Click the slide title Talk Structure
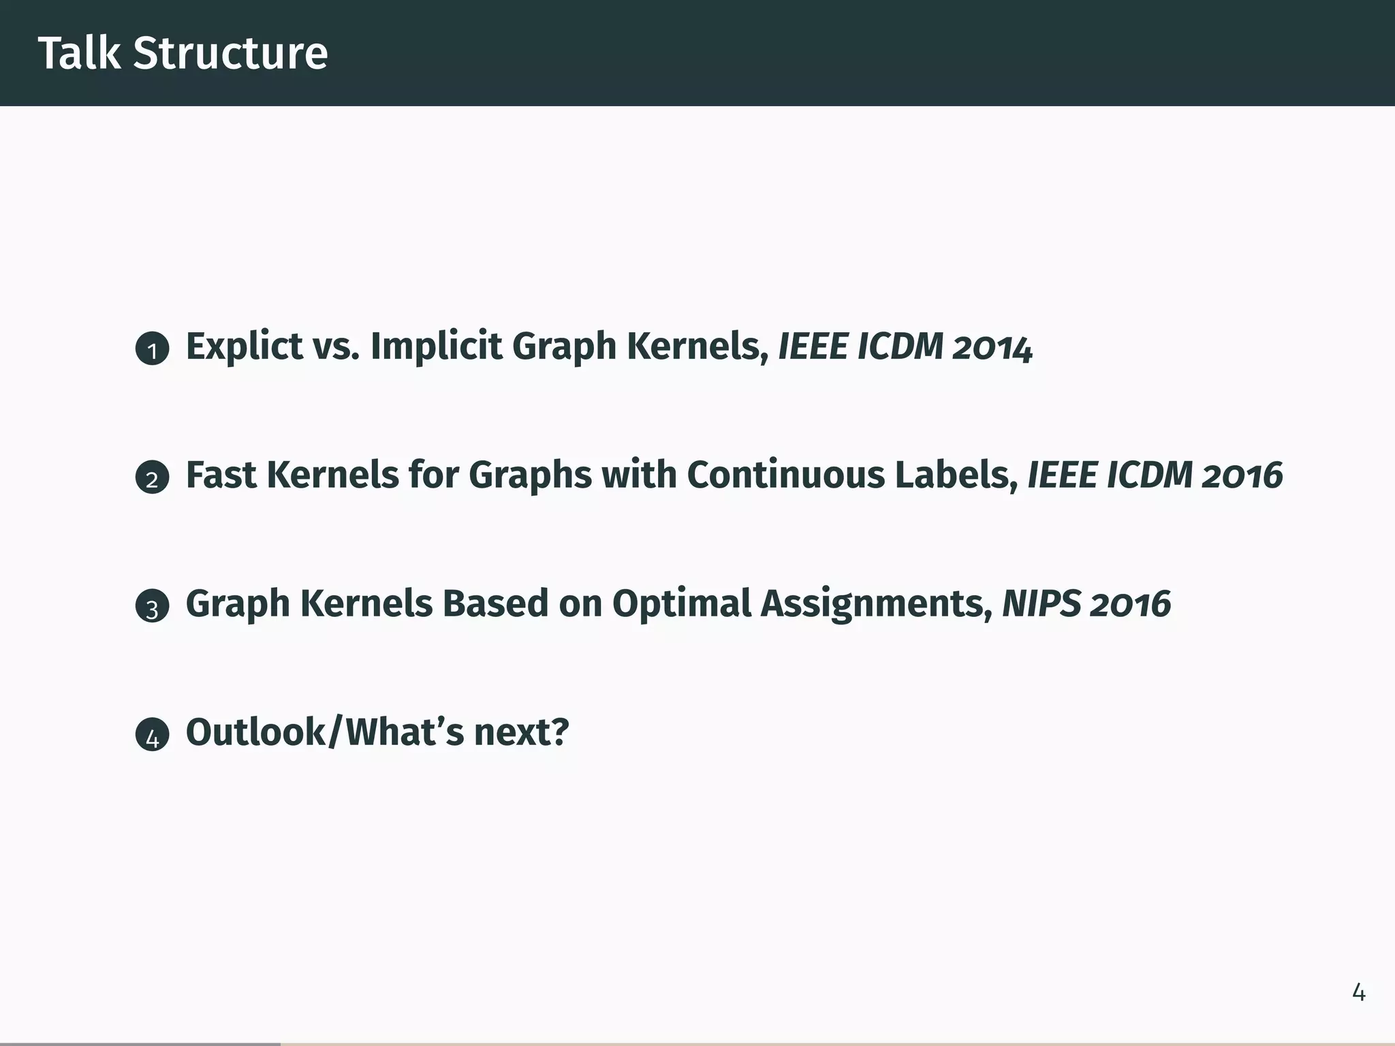pos(183,53)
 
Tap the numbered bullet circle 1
pos(152,349)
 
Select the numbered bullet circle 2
pos(152,477)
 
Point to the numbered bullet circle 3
pos(152,606)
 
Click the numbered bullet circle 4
pos(152,735)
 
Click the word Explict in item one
pos(244,347)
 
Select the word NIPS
pos(1041,603)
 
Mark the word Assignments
pos(876,603)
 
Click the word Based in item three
pos(495,603)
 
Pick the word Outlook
pos(256,732)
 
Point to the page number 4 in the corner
pos(1358,993)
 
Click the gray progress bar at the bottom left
pos(140,1043)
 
